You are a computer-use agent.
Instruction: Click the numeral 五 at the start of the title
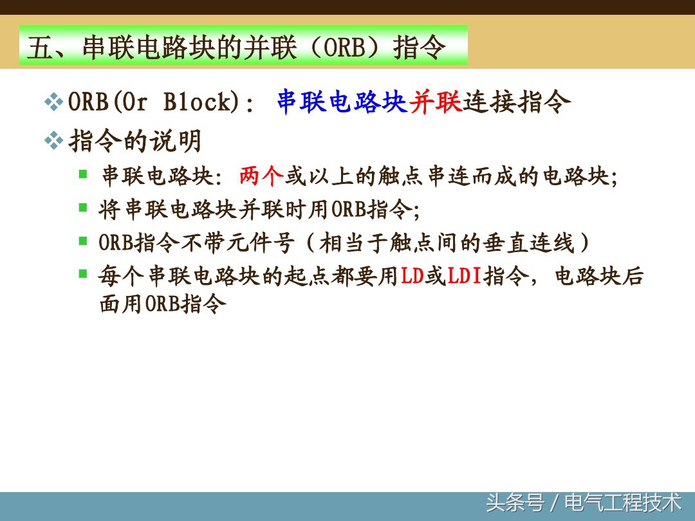point(39,48)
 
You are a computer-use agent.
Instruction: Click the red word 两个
point(261,176)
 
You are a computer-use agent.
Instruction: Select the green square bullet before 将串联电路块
point(83,207)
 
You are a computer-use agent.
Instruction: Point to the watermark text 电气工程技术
point(623,502)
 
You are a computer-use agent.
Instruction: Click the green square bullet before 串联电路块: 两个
point(83,174)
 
